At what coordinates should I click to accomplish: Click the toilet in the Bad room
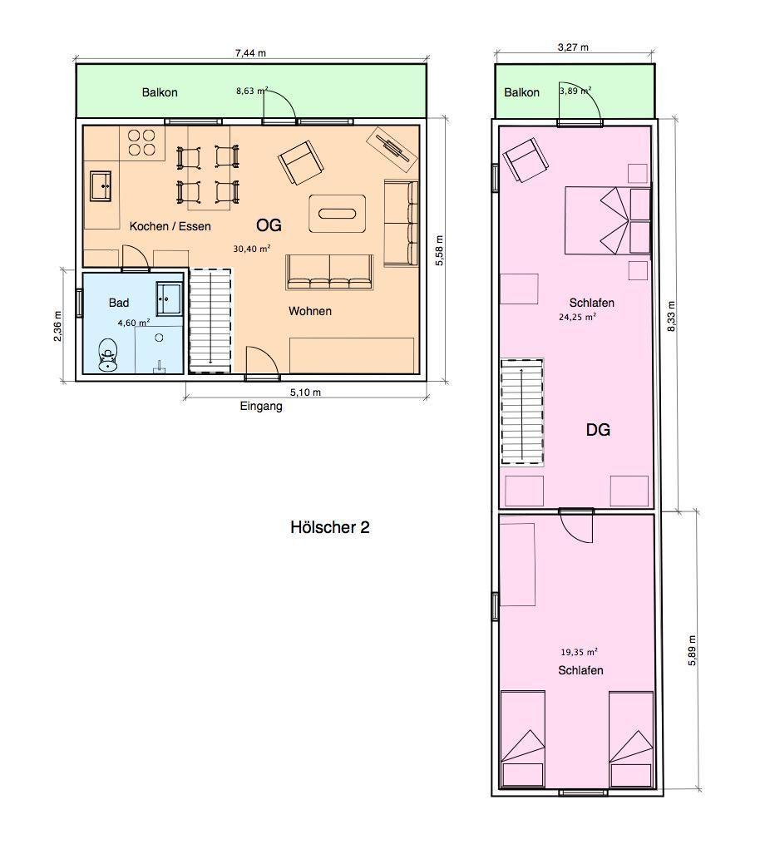pos(108,355)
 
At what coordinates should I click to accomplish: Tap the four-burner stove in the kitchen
pos(142,142)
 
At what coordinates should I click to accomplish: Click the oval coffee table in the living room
pos(338,213)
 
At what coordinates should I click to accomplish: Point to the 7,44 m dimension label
pos(250,53)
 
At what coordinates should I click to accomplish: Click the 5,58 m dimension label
pos(440,250)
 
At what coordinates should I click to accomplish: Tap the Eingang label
pos(261,407)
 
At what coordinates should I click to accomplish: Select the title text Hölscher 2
pos(330,527)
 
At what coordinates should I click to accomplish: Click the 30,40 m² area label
pos(252,248)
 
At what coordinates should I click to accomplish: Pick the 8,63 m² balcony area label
pos(250,92)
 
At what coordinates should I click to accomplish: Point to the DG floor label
pos(598,430)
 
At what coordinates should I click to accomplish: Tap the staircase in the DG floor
pos(521,410)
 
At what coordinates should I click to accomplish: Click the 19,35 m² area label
pos(581,654)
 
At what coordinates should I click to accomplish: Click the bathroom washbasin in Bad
pos(170,297)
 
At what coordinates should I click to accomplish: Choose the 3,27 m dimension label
pos(572,47)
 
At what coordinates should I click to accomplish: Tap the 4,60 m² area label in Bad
pos(133,323)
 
